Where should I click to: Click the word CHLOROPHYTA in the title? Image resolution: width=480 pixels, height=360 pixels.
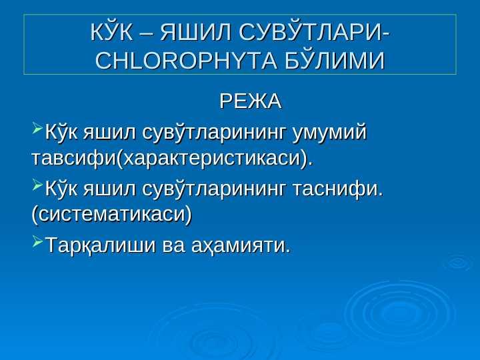pos(187,60)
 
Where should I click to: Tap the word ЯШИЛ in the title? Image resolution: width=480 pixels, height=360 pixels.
pos(195,32)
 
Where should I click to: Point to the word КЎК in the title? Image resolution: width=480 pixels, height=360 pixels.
pos(112,32)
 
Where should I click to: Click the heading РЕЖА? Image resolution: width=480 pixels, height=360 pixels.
pos(251,101)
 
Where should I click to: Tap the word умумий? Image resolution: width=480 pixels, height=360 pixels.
pos(329,133)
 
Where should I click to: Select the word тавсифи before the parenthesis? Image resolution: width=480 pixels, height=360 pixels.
pos(73,158)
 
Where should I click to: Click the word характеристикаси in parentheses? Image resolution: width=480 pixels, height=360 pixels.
pos(211,159)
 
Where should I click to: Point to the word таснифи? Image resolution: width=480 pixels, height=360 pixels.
pos(338,189)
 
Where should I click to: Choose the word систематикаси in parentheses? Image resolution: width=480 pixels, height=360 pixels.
pos(112,214)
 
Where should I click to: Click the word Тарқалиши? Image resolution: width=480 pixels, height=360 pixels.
pos(101,245)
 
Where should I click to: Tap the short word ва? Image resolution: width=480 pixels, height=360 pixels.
pos(173,246)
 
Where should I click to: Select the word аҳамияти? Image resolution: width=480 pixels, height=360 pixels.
pos(241,246)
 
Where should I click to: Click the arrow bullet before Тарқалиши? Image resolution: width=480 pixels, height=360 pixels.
pos(37,241)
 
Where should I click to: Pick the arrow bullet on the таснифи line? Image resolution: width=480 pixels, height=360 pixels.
pos(37,185)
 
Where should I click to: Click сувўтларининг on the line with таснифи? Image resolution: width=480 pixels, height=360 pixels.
pos(214,189)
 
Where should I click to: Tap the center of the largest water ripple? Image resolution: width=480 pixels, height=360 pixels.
pos(397,312)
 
